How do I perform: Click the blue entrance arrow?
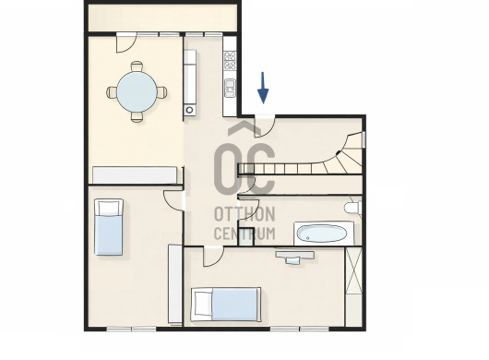click(263, 89)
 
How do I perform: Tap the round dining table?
click(137, 91)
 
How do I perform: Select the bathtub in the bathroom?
click(324, 234)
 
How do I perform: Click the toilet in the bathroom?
click(353, 207)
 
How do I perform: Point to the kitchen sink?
click(231, 88)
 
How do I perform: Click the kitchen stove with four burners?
click(230, 61)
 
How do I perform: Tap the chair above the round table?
click(137, 66)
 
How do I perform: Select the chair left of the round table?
click(112, 92)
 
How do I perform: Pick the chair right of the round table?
click(161, 92)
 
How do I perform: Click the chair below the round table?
click(137, 117)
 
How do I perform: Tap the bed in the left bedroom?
click(109, 227)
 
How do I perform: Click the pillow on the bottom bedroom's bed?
click(202, 305)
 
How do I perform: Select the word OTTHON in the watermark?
click(244, 214)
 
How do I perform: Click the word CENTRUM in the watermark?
click(244, 233)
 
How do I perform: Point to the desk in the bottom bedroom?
click(294, 258)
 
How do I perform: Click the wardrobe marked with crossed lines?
click(354, 270)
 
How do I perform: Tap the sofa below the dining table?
click(135, 175)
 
